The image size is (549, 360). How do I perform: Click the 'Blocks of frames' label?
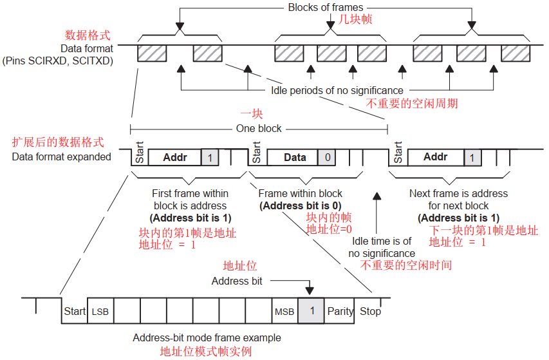coord(325,8)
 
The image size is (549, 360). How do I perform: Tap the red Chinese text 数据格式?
coord(89,35)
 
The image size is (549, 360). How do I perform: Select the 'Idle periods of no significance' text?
coord(337,90)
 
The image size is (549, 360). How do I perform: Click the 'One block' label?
coord(259,128)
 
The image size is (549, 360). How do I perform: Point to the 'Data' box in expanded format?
coord(295,157)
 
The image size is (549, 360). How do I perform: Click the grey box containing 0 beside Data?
coord(327,157)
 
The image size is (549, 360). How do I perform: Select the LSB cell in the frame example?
coord(100,312)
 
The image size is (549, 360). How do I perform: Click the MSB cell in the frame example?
coord(284,312)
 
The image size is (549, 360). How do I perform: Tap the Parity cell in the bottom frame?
coord(340,312)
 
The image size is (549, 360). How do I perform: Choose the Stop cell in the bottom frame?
coord(370,312)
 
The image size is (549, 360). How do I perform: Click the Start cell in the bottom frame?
coord(75,312)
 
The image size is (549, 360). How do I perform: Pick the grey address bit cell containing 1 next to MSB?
coord(312,311)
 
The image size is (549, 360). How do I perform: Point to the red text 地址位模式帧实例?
coord(205,352)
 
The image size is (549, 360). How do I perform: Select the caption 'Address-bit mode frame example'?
coord(207,338)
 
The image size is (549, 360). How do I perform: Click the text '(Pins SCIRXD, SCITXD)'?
coord(57,61)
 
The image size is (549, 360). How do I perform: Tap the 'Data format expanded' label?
coord(61,156)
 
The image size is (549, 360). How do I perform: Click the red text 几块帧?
coord(355,20)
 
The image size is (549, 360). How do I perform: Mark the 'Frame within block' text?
coord(300,193)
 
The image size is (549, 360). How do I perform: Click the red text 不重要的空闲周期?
coord(412,103)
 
